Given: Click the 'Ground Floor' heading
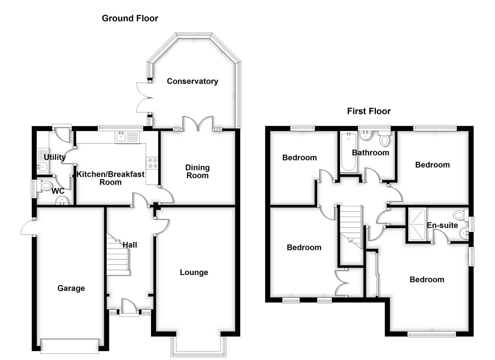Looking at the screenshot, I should coord(130,18).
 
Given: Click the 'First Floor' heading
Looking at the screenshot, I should coord(368,111).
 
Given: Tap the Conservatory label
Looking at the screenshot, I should coord(192,81).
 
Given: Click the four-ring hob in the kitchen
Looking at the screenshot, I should coord(153,163).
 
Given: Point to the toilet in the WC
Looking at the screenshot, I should coord(45,185).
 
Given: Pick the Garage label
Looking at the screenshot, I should coord(71,288).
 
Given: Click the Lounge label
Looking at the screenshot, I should coord(194,272).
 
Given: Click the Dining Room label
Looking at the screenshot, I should coord(197,171).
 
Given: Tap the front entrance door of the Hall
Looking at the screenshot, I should coord(129,307).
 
